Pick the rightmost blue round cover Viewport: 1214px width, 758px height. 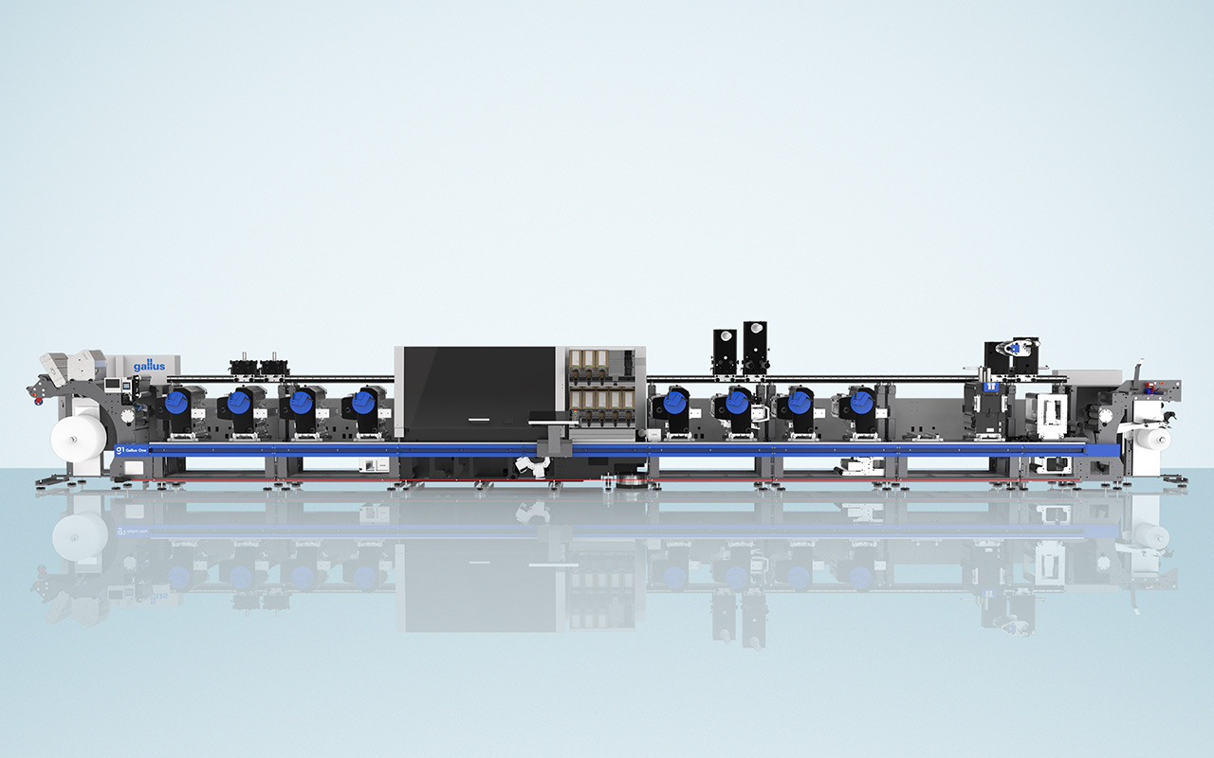coord(860,403)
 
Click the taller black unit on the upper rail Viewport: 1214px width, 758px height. coord(755,346)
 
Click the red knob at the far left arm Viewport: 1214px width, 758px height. coord(38,399)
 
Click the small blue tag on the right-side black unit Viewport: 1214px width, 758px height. coord(989,387)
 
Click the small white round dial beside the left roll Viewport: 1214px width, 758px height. coord(130,413)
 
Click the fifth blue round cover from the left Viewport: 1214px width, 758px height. coord(675,403)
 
